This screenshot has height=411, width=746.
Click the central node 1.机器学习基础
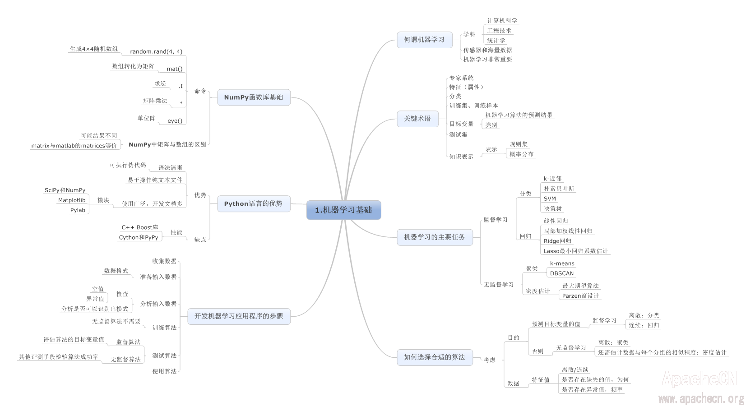[343, 210]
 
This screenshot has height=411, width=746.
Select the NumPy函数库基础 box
[254, 97]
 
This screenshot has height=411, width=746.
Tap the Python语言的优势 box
[253, 204]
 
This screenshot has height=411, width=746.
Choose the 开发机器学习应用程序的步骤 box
[239, 316]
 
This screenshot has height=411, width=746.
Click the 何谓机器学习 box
[424, 40]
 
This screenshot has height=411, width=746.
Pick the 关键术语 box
[417, 119]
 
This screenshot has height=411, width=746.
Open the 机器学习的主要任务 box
[435, 237]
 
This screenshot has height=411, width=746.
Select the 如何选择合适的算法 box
[434, 357]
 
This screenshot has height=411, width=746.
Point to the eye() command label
[175, 121]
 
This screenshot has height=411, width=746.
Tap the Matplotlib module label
[72, 200]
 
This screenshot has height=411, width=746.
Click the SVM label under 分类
[550, 199]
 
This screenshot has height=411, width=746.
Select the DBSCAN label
[562, 273]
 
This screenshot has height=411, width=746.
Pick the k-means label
[562, 263]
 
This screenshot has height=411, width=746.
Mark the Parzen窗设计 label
[580, 296]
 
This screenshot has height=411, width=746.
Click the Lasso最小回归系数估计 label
[575, 251]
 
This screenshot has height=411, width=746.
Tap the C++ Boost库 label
[140, 227]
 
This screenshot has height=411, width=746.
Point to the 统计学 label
[496, 41]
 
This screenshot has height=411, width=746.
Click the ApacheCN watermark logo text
[699, 379]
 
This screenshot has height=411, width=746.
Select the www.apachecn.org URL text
[700, 399]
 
